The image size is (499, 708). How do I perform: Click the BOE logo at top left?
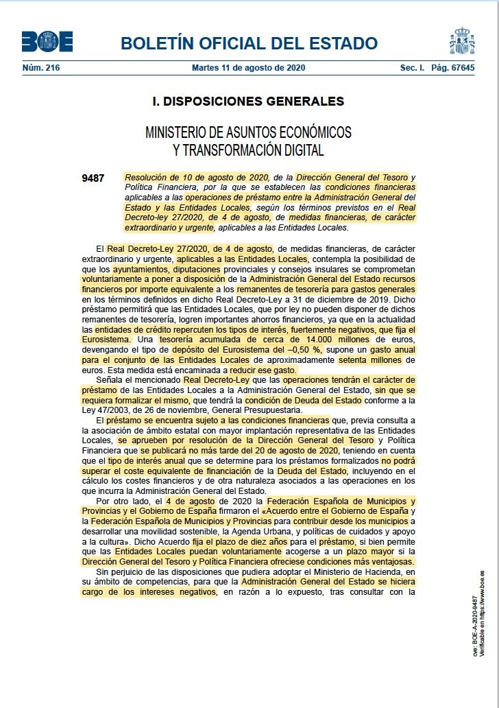(x=47, y=42)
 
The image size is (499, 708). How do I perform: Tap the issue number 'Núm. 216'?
(x=41, y=68)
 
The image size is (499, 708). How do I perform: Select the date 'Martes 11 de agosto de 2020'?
(x=249, y=68)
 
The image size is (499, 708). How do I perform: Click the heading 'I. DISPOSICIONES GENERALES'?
(x=248, y=102)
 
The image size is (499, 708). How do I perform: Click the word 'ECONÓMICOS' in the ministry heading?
(x=310, y=132)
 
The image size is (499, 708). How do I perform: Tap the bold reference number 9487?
(x=93, y=179)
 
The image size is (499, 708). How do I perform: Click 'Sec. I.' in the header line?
(x=413, y=68)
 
